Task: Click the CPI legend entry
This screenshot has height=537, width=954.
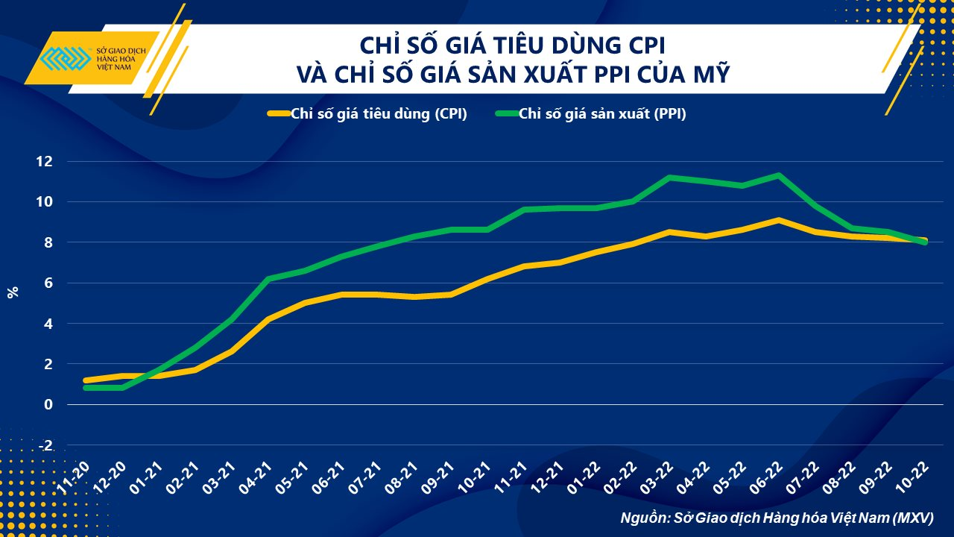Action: point(367,114)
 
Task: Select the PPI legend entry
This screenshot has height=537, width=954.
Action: point(590,114)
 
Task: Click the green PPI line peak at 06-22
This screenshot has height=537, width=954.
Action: point(778,175)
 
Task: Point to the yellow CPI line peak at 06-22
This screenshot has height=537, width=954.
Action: point(778,220)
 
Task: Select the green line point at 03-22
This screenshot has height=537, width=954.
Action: point(669,178)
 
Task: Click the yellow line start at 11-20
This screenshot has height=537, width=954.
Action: point(86,380)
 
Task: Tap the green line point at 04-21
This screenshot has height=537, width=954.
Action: point(268,279)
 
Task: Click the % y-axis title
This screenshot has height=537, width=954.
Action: point(13,292)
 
